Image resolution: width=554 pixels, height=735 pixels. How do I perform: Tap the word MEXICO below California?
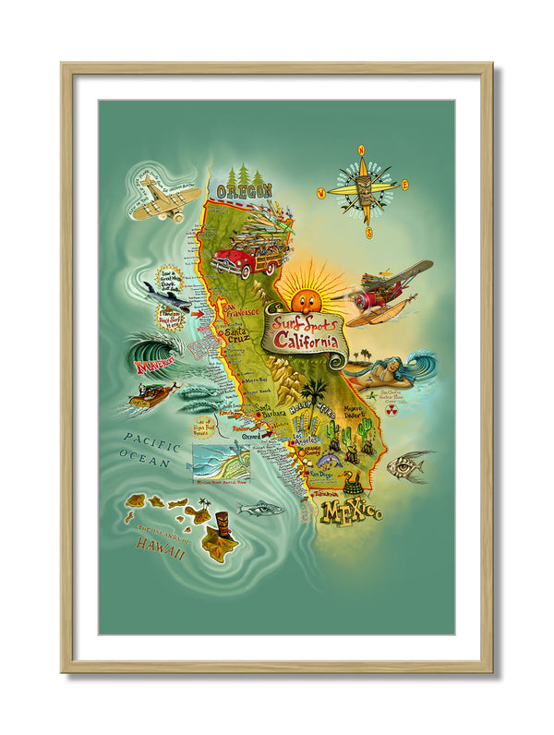(x=351, y=512)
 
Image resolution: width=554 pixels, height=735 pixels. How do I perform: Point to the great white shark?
(x=167, y=295)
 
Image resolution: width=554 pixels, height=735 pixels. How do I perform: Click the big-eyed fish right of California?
(x=406, y=466)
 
